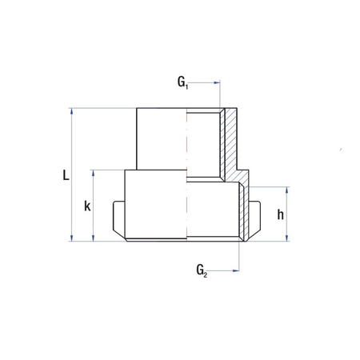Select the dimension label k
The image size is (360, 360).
pyautogui.click(x=87, y=206)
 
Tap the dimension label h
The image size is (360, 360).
pyautogui.click(x=280, y=214)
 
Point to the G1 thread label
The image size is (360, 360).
pyautogui.click(x=183, y=82)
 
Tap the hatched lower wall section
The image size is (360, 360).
pyautogui.click(x=246, y=212)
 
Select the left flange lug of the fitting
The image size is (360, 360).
pyautogui.click(x=118, y=219)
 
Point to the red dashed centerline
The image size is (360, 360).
pyautogui.click(x=188, y=176)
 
